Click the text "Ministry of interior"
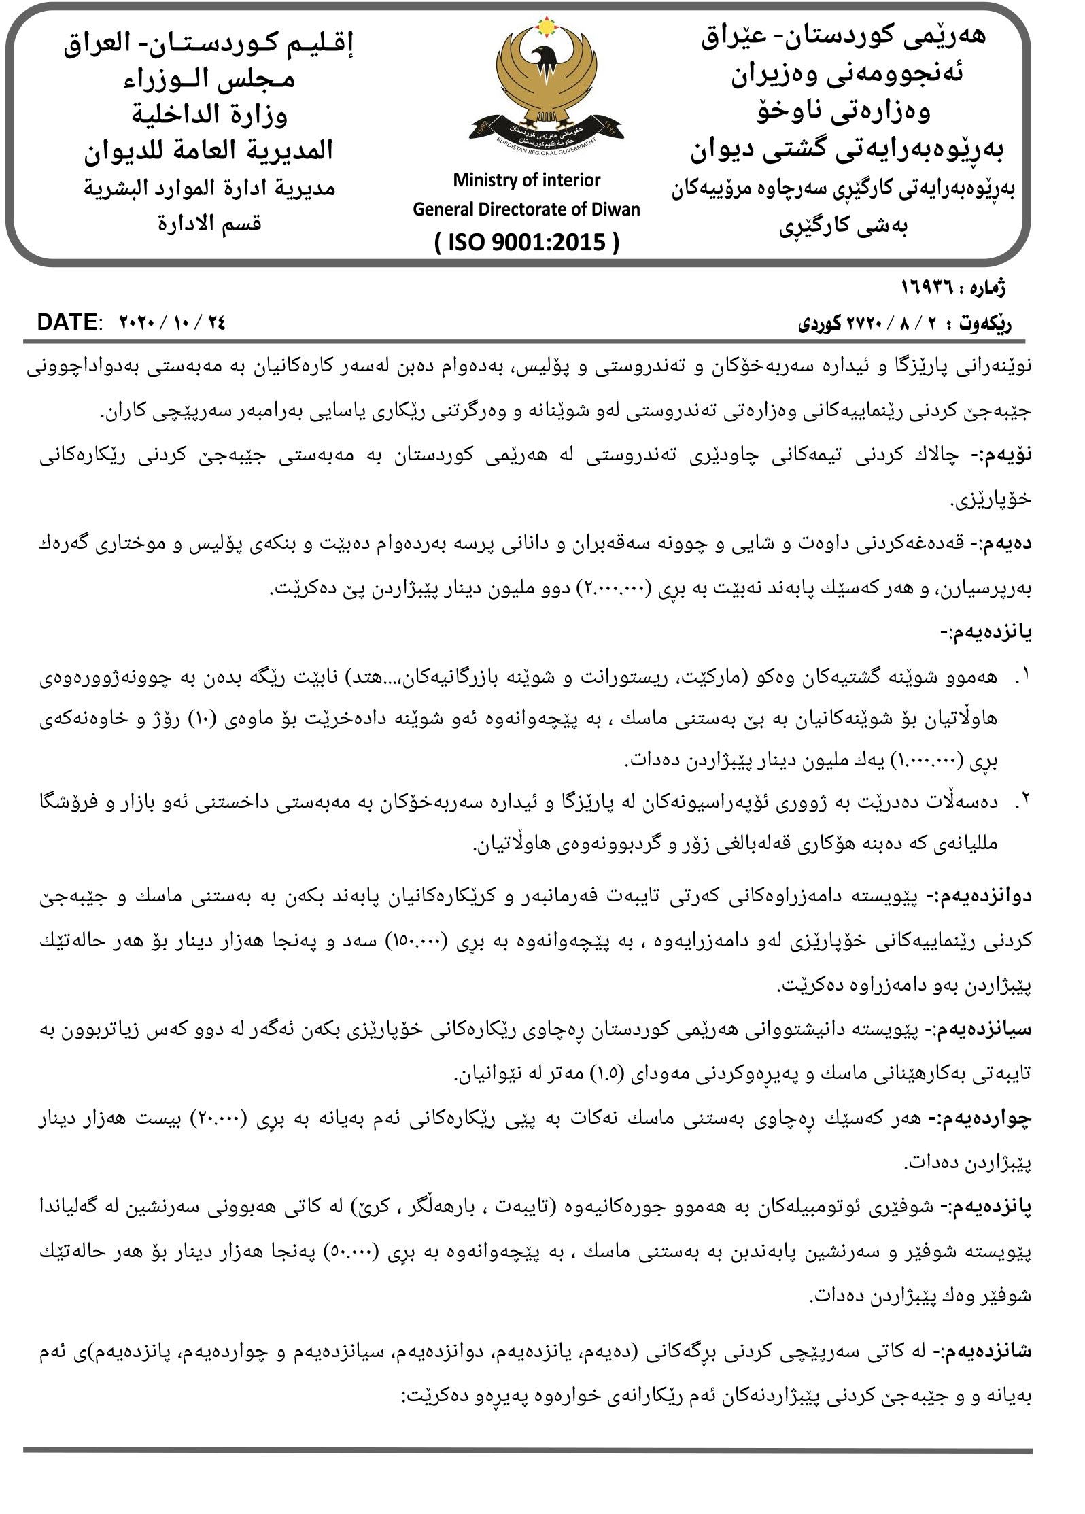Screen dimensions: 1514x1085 click(x=527, y=180)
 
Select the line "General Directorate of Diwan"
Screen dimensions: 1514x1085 click(x=526, y=209)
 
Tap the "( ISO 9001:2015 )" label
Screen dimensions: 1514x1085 click(x=527, y=241)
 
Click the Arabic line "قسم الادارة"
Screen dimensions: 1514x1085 click(x=209, y=224)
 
